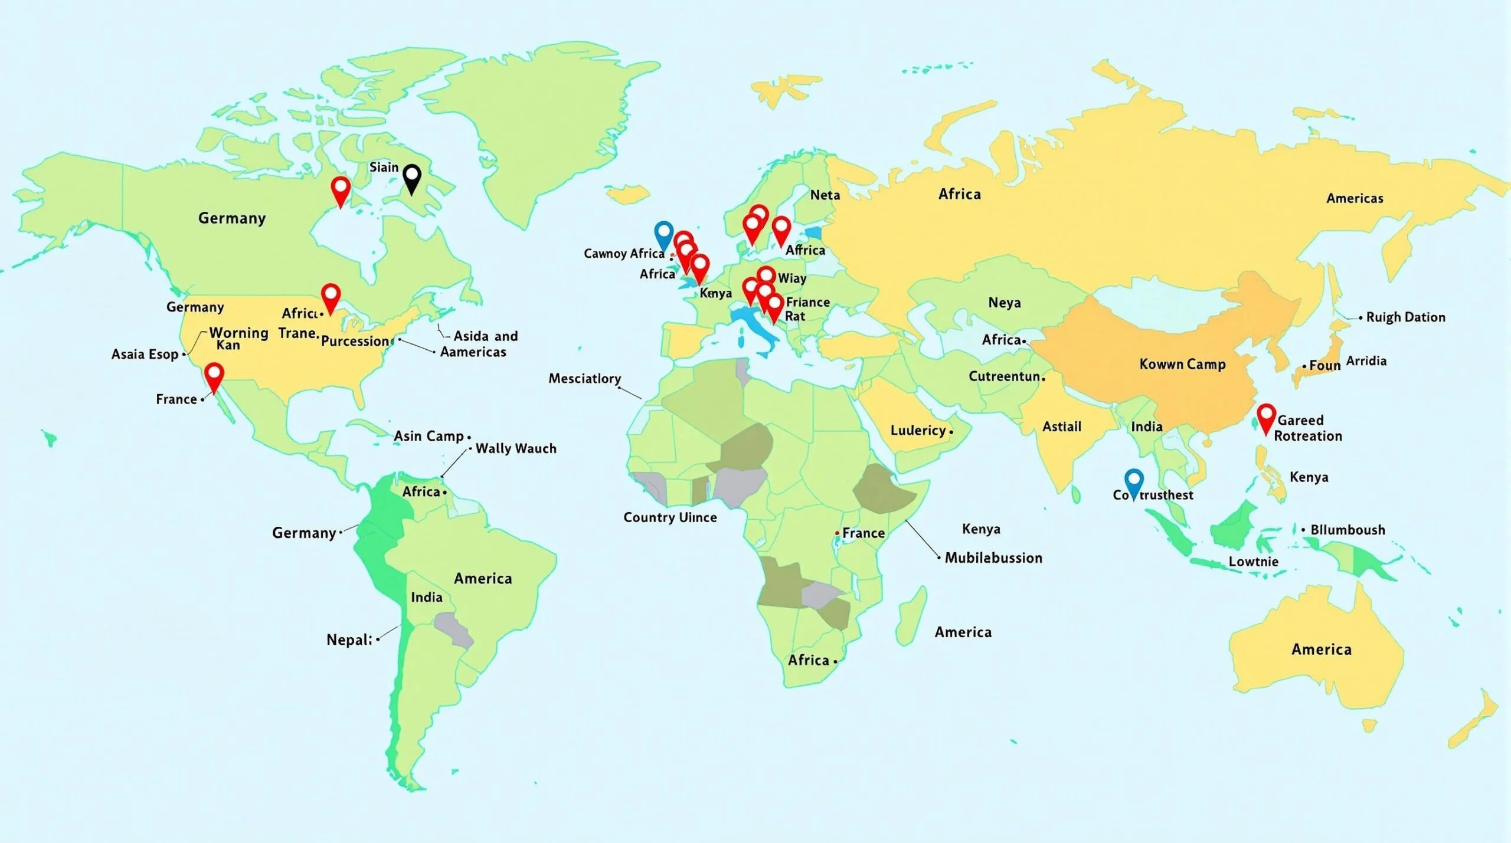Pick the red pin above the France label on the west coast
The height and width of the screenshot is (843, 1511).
[x=214, y=375]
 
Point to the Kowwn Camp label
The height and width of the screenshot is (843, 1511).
[x=1182, y=364]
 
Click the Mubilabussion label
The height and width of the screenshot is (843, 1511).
[x=993, y=557]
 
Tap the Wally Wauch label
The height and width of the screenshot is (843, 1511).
[x=516, y=448]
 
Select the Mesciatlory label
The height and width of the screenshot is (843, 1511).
[x=584, y=378]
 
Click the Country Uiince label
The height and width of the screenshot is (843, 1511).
[x=670, y=517]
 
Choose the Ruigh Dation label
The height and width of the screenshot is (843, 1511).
[x=1405, y=317]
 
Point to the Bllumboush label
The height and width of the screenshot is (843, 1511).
[x=1348, y=530]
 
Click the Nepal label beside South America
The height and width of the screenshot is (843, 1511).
[x=349, y=639]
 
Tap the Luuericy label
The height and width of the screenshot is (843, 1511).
[x=918, y=431]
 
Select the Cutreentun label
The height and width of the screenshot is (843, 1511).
[x=1004, y=376]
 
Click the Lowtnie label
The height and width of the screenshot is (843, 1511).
[x=1254, y=561]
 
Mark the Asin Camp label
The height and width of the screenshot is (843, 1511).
[x=429, y=436]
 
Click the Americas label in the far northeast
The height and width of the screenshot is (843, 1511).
[x=1355, y=198]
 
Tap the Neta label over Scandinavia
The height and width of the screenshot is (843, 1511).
[x=825, y=195]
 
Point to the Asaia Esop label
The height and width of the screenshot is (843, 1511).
[x=145, y=354]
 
